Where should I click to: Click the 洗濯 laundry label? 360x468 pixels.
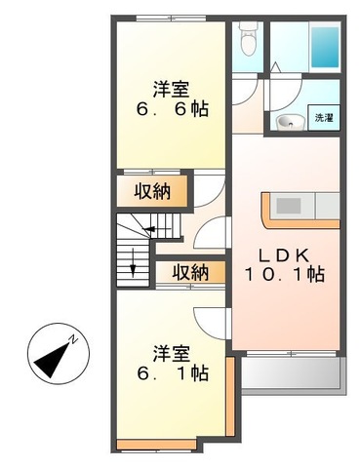323,118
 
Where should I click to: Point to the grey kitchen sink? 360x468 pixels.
291,206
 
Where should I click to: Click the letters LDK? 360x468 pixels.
283,254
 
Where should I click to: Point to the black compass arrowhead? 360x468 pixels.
47,365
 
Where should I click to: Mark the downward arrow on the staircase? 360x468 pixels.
134,261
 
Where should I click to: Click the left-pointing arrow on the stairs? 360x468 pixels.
146,231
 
